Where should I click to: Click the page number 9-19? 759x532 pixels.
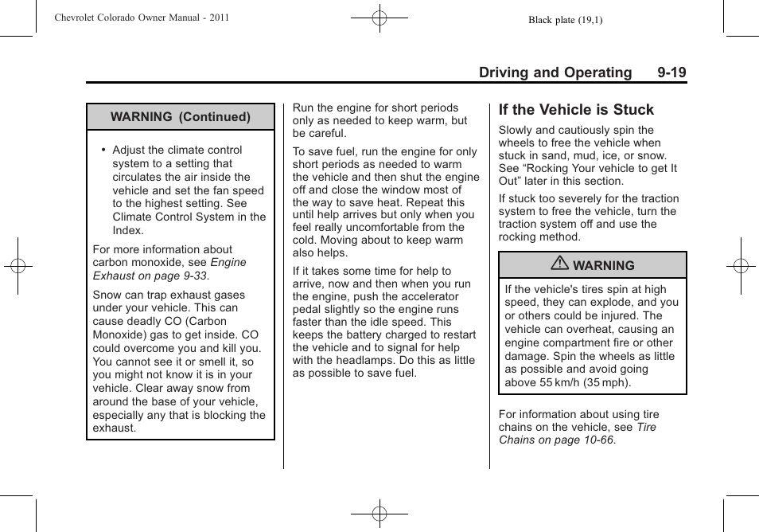point(671,72)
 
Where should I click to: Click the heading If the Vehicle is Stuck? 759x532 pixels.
point(576,110)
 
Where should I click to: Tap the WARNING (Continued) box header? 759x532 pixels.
point(181,117)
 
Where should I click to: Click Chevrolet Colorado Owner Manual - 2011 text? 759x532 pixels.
point(142,17)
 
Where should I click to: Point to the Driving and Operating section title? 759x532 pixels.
point(555,72)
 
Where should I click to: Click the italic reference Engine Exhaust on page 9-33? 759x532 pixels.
point(169,269)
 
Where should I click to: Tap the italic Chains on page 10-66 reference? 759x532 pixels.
point(557,440)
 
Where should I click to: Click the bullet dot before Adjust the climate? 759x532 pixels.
point(103,150)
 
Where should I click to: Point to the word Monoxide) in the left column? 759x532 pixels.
point(119,335)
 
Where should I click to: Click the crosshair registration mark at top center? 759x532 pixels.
point(379,17)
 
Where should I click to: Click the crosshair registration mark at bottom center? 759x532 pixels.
point(379,514)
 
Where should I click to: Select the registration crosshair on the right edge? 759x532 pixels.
point(741,266)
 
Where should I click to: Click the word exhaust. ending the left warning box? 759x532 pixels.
point(115,428)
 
